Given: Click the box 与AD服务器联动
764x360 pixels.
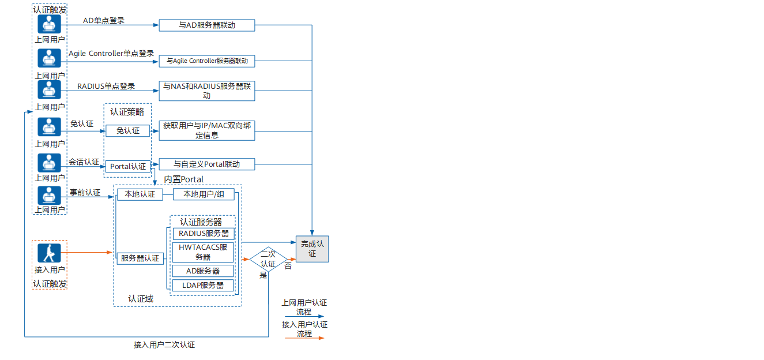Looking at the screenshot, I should point(206,25).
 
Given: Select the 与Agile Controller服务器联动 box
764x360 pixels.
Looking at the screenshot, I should point(206,61).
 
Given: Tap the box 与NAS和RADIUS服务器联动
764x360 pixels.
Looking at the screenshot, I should point(206,91).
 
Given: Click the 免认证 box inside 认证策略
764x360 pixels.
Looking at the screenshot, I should point(127,131).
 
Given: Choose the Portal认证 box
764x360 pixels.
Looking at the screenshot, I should point(127,166).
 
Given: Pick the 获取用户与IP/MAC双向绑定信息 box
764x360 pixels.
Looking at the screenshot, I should point(206,130).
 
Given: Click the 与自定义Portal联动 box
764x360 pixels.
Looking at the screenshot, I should point(206,164).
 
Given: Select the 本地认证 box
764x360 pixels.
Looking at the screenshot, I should point(140,194).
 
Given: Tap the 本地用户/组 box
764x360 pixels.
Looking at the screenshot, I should point(204,194).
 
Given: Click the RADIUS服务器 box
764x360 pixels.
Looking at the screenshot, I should point(204,234).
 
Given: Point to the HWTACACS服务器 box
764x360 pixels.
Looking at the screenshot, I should point(204,252).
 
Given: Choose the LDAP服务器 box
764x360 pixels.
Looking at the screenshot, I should point(204,285).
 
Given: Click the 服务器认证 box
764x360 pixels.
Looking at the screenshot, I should point(140,258).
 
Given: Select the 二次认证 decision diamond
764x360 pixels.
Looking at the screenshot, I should point(268,259).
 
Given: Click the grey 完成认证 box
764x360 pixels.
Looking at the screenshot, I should point(312,249).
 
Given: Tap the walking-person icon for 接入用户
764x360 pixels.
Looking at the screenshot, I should point(49,253).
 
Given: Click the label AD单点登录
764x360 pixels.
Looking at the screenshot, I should point(104,20).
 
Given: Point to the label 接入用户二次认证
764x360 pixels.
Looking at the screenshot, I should point(164,345).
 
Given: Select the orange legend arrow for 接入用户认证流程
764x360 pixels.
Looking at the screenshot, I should point(304,338).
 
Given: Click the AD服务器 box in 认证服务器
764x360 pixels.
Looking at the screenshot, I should point(204,271).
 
